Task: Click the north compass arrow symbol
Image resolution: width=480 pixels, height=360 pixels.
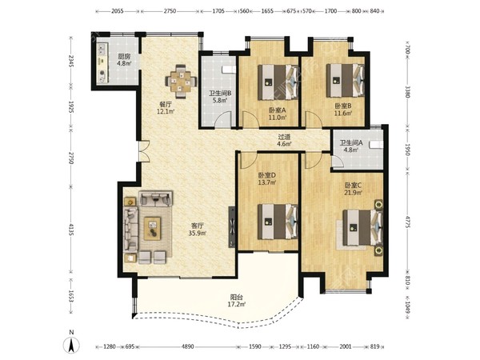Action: pos(71,345)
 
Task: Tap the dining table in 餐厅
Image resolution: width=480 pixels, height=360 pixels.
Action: pos(181,82)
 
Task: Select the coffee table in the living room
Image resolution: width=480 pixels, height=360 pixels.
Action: pos(153,228)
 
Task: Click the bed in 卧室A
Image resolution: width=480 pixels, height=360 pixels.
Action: pos(278,82)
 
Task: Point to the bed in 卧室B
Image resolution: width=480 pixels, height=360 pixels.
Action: pos(346,80)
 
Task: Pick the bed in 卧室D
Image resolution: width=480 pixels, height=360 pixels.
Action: pos(278,222)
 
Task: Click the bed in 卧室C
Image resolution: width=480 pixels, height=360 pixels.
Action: pos(362,227)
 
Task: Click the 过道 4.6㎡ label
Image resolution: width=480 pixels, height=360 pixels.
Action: pos(284,140)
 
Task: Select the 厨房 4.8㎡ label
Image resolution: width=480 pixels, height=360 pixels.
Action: pos(124,60)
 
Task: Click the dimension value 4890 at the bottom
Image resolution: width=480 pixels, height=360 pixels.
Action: pos(188,347)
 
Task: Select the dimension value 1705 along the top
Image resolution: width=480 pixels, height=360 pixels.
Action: pos(218,11)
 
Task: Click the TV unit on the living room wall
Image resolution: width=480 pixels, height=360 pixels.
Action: pos(232,227)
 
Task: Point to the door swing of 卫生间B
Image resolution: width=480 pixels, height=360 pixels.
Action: pos(222,119)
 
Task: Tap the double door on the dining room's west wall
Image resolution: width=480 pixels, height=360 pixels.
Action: pos(144,151)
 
